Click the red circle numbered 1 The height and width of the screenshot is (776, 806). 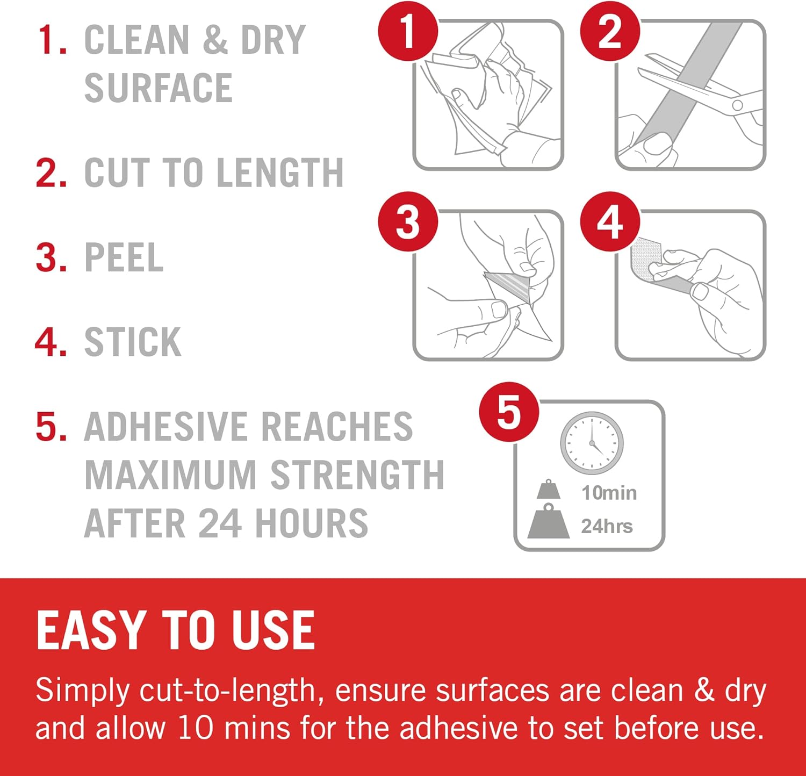408,31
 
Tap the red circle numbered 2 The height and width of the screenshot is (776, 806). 610,31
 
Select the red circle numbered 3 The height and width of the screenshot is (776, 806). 408,221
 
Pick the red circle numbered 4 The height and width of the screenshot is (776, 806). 610,221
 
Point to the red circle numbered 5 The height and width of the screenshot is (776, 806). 509,412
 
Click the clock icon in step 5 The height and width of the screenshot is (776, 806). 592,443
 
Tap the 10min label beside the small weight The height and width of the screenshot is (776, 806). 609,493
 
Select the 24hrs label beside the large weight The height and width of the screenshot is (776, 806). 607,526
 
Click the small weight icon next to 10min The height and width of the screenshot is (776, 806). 549,490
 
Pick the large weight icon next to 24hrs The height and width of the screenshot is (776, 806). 549,521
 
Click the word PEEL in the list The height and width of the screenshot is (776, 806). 124,257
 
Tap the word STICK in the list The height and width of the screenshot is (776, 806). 133,342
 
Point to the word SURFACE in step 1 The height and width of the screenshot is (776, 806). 159,88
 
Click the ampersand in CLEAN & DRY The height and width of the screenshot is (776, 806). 215,40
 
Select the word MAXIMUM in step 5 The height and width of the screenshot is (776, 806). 171,475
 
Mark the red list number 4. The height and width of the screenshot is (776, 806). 51,342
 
